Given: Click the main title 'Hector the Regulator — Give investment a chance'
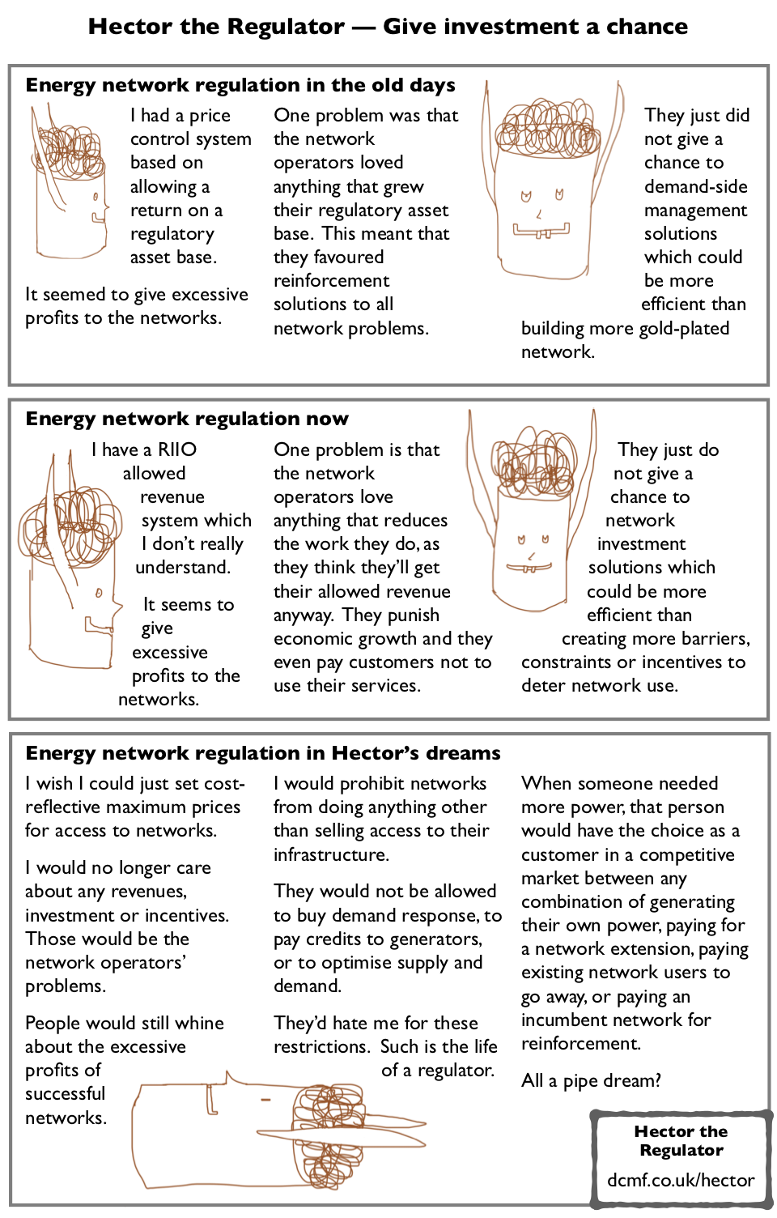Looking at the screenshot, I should tap(388, 27).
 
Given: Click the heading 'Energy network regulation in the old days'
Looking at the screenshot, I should tap(240, 85).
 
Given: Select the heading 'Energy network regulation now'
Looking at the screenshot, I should tap(187, 419).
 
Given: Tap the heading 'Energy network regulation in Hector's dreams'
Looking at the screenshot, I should tap(263, 753).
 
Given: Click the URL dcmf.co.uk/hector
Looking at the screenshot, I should tap(681, 1180).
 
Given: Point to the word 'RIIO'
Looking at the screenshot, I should tap(177, 449).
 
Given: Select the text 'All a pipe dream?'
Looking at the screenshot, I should tap(591, 1080).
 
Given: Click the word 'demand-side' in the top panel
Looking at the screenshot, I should tap(695, 186).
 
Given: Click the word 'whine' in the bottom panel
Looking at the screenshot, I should tap(200, 1023).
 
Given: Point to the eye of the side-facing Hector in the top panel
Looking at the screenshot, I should tap(96, 197).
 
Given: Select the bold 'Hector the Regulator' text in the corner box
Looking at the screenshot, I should tap(681, 1140).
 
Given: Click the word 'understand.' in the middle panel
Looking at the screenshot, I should tap(183, 567).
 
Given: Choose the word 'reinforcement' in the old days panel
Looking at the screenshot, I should tap(331, 281).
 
